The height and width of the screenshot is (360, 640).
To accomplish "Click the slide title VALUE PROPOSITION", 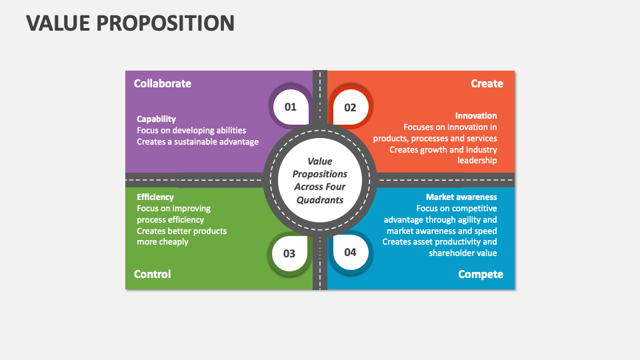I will [x=130, y=23].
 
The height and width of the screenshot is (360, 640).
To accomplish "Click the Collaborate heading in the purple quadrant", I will [x=162, y=83].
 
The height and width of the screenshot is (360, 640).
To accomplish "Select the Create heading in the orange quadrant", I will [x=487, y=83].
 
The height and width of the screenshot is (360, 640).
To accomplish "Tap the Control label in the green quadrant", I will [x=152, y=274].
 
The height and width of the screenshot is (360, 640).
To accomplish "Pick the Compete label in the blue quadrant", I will [x=480, y=274].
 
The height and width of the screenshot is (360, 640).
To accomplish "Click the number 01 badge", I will [x=291, y=107].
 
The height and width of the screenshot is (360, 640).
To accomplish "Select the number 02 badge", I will [x=350, y=107].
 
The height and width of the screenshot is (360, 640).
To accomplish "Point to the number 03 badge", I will [x=289, y=253].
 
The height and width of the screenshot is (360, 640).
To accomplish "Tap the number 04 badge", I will [x=350, y=252].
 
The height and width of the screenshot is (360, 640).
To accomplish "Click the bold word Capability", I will [x=156, y=119].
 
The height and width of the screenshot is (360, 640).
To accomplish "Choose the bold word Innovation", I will [x=476, y=115].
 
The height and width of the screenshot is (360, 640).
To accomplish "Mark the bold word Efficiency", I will [x=155, y=197].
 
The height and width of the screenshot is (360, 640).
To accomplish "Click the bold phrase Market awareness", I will [x=461, y=197].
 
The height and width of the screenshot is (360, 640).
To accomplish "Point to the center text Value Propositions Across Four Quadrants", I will [x=320, y=181].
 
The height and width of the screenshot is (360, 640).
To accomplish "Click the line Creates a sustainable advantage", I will [x=197, y=142].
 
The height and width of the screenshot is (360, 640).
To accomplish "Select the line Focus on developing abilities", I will [x=191, y=131].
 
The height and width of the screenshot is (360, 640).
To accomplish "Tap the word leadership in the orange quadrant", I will [x=477, y=161].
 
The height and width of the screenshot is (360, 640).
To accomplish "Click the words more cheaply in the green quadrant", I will [x=163, y=242].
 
